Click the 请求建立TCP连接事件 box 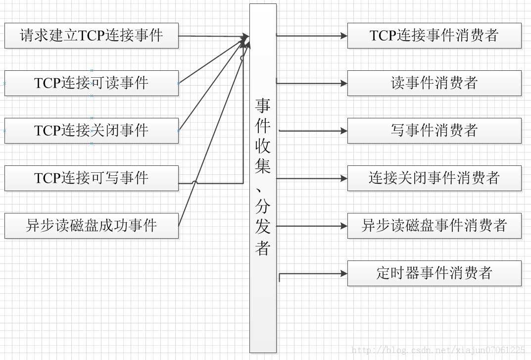point(91,36)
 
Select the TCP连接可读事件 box point(91,83)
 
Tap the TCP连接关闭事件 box point(91,131)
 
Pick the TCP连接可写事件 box point(91,178)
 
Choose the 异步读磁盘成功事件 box point(91,226)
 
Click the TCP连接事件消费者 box point(434,36)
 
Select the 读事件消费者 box point(434,83)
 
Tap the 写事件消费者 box point(434,131)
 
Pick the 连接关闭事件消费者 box point(434,178)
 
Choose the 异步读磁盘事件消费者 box point(434,226)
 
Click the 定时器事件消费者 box point(434,273)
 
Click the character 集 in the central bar point(263,165)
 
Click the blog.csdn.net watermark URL point(438,351)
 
